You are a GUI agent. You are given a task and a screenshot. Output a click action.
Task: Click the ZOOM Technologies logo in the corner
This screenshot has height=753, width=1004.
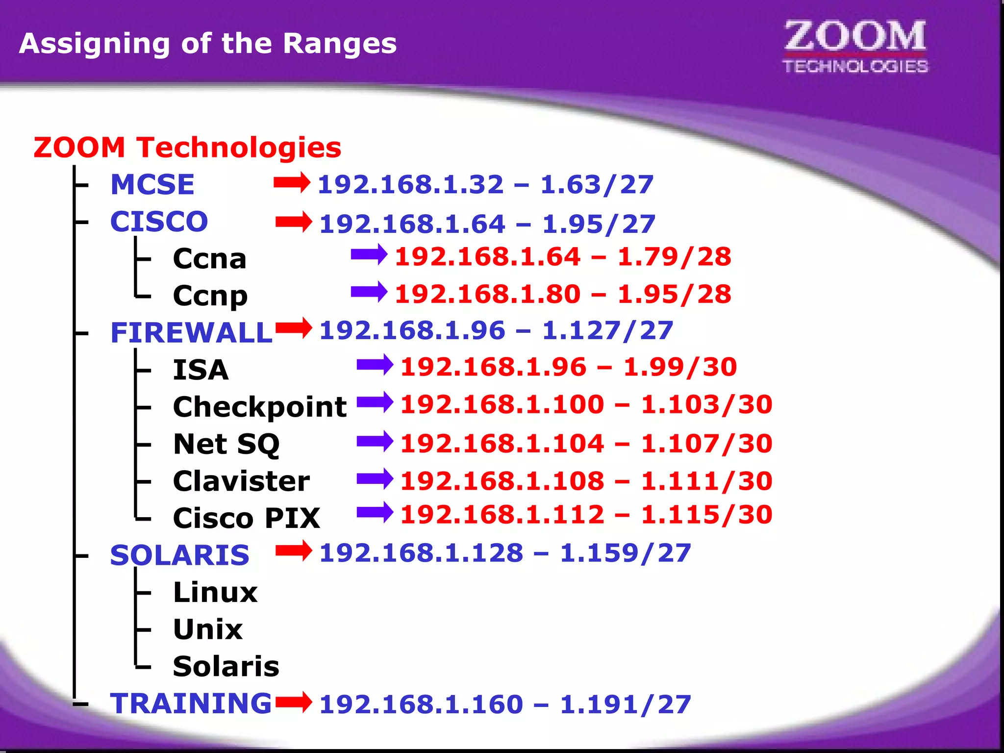[855, 47]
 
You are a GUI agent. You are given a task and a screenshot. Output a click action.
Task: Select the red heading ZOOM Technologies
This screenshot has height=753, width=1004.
[187, 148]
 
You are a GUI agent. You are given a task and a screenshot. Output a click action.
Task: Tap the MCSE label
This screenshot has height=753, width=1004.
[152, 185]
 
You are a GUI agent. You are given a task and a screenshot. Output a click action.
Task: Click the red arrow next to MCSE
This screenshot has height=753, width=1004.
[292, 183]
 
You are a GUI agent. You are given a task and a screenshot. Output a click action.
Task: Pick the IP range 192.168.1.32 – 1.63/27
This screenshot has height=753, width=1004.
[485, 185]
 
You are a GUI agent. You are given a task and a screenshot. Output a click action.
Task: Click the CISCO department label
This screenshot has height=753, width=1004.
[159, 222]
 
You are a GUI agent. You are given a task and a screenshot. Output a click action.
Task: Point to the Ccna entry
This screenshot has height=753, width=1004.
[210, 259]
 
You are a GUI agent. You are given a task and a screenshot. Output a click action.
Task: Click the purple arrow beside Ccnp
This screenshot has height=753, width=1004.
[369, 292]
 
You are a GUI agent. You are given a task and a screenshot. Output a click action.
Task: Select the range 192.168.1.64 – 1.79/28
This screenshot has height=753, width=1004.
[563, 257]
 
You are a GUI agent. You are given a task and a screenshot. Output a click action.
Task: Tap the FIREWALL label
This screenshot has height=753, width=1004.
[191, 333]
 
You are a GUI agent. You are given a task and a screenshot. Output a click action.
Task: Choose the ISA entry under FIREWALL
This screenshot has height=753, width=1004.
[201, 370]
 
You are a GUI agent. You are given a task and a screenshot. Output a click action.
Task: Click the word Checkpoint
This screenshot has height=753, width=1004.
[260, 407]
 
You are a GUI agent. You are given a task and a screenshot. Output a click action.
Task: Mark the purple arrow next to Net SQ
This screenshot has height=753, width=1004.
[375, 441]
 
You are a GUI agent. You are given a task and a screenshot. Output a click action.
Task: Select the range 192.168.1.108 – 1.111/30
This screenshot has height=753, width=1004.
[586, 481]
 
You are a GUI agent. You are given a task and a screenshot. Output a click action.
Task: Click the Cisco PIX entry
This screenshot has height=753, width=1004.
[247, 518]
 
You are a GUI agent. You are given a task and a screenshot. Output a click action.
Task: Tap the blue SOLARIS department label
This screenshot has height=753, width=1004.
[180, 555]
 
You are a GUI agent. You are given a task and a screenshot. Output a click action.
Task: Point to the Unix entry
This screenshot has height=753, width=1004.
[208, 629]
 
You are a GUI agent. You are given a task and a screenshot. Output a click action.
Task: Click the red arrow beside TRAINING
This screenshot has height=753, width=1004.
[294, 702]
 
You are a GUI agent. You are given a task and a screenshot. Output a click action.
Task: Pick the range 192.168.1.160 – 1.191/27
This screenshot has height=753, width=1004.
[505, 704]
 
